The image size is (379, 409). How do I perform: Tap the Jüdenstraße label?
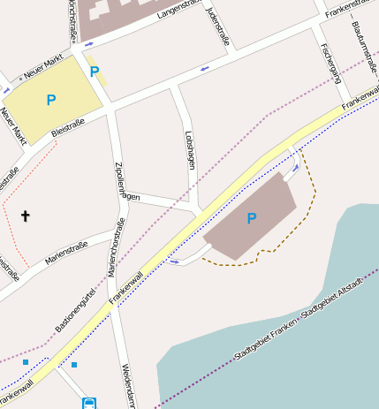pyautogui.click(x=216, y=26)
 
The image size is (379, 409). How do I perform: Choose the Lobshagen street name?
pyautogui.click(x=190, y=149)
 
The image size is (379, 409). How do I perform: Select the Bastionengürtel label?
pyautogui.click(x=77, y=312)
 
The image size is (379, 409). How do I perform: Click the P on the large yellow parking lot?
pyautogui.click(x=51, y=101)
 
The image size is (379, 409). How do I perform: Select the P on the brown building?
pyautogui.click(x=252, y=218)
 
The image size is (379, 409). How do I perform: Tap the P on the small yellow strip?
pyautogui.click(x=95, y=72)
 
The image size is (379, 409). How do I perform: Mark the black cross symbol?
pyautogui.click(x=25, y=216)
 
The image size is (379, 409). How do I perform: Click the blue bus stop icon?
pyautogui.click(x=89, y=403)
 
